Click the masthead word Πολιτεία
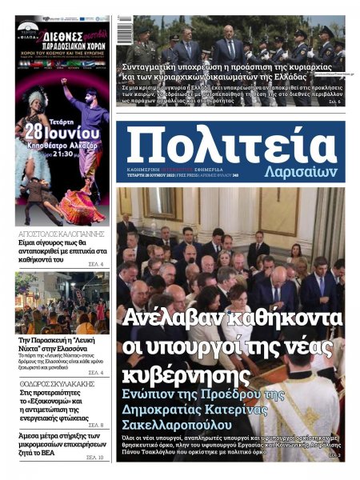[231, 146]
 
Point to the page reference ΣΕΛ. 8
[94, 425]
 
